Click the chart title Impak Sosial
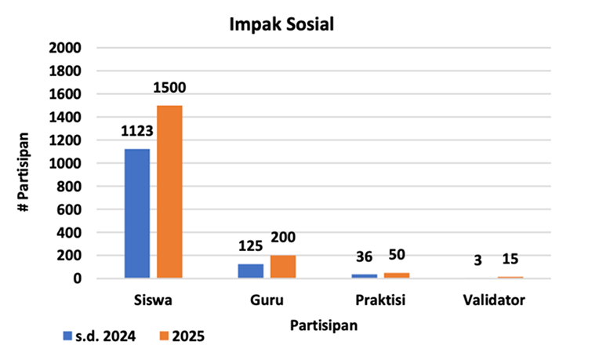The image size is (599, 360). pos(281,24)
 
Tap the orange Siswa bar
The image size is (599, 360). pos(169,191)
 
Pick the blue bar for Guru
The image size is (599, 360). pos(250,271)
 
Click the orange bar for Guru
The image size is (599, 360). pos(283,267)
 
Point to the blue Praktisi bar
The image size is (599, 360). pos(364,275)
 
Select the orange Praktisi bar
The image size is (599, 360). pos(397,275)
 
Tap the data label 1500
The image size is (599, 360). pos(169,88)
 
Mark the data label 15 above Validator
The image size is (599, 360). pos(510,260)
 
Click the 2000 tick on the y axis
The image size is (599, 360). pos(66,48)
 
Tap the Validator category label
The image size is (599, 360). pos(493,300)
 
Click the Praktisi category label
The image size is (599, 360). pos(379,300)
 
